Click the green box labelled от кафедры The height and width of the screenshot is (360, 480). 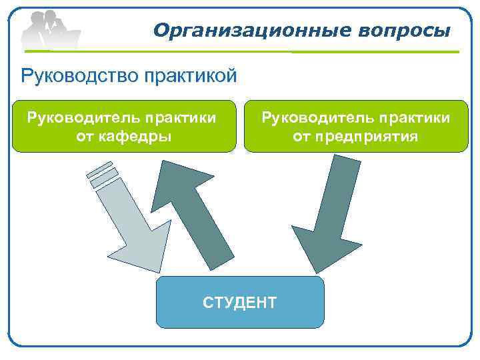(x=124, y=127)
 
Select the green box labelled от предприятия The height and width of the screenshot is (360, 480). (x=356, y=127)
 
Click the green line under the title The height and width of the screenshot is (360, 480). (x=300, y=51)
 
